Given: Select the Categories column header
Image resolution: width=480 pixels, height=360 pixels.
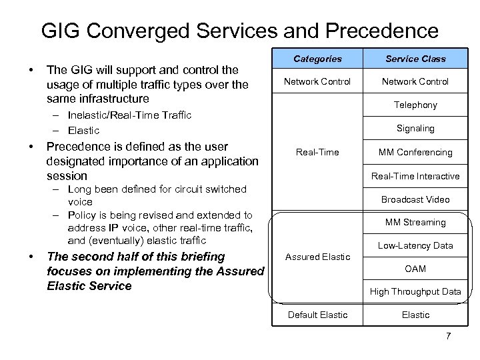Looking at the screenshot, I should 317,59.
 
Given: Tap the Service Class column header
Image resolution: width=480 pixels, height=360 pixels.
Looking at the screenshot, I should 415,59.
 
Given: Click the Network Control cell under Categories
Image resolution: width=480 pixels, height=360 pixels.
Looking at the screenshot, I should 317,81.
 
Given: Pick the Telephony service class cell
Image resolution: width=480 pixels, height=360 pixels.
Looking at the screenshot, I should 415,105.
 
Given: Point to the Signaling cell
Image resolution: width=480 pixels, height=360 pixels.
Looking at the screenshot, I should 415,128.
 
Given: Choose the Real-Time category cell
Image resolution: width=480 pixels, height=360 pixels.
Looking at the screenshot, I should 317,152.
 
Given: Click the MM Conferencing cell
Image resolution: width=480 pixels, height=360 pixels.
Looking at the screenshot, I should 415,152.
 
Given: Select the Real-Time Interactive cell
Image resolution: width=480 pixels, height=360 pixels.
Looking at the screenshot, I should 415,176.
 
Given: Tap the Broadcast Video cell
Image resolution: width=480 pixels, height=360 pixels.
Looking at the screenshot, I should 415,199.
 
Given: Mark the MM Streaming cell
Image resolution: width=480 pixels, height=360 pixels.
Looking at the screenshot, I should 415,222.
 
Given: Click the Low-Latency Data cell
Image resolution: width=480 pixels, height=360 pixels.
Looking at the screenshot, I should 415,245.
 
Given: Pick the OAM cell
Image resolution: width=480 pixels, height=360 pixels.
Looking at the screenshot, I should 415,269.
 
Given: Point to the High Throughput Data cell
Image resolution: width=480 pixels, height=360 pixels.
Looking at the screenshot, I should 415,291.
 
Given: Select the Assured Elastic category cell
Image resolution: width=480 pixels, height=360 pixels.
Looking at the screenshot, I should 317,257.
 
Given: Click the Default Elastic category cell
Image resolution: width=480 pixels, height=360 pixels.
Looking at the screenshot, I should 317,315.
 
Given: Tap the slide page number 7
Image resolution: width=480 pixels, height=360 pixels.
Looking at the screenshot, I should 448,335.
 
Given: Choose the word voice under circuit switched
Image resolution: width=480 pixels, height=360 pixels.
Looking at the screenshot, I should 81,202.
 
